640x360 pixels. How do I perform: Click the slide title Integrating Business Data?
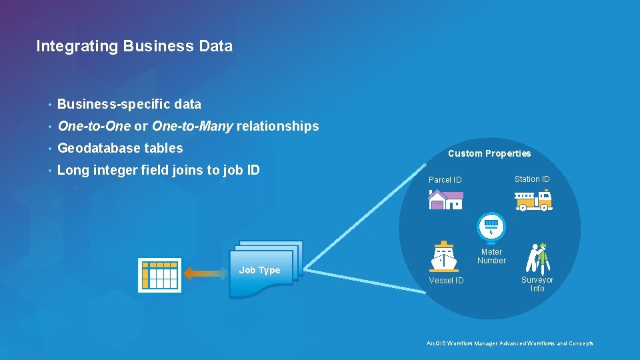click(134, 46)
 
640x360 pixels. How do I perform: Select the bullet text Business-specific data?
click(129, 104)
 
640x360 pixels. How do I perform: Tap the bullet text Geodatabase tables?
click(120, 148)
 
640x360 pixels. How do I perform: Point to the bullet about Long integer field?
click(159, 170)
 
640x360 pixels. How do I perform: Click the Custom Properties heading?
click(489, 153)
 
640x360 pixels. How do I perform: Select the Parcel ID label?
click(445, 180)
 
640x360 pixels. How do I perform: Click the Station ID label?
click(532, 179)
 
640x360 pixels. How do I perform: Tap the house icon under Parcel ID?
click(445, 199)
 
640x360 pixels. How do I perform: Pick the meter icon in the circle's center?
click(491, 227)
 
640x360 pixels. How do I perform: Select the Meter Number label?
click(491, 256)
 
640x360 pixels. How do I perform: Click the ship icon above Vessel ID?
click(444, 256)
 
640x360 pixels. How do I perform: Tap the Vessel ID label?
click(446, 281)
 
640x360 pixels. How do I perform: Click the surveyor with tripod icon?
click(537, 257)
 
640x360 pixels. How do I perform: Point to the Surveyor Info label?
click(537, 284)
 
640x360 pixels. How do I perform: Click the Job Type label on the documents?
click(259, 270)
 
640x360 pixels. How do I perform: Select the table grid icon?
click(159, 275)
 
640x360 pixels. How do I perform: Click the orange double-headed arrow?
click(206, 273)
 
